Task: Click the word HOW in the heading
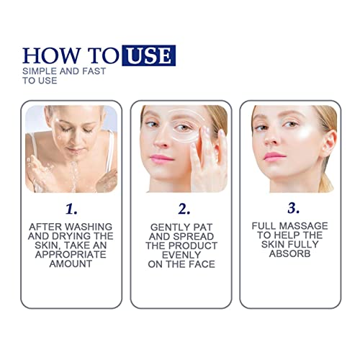[x=48, y=55]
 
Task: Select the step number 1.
[x=69, y=210]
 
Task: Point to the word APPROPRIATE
[x=69, y=254]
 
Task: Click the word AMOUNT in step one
[x=69, y=264]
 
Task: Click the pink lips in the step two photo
[x=163, y=158]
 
